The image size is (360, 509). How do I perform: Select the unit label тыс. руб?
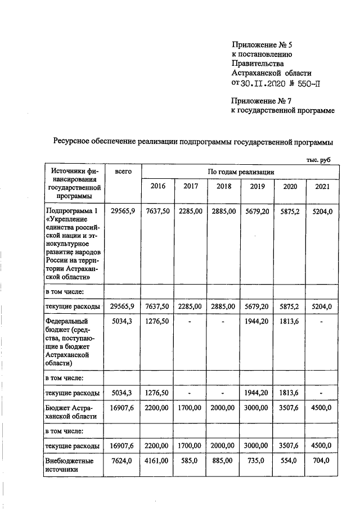point(318,160)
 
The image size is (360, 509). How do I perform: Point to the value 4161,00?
point(157,461)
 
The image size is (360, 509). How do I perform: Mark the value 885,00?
point(224,461)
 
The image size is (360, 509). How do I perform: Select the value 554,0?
point(290,461)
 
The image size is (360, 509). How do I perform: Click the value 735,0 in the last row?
point(257,461)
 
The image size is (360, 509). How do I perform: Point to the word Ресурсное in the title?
point(74,142)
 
